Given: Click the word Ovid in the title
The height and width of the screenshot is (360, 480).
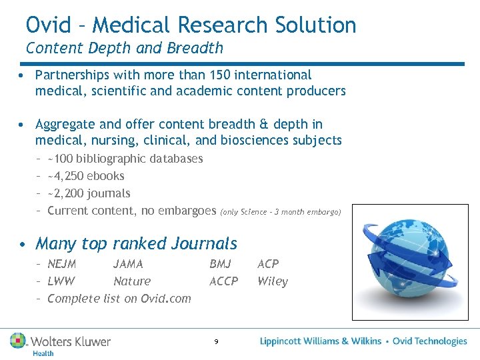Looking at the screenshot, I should [49, 25].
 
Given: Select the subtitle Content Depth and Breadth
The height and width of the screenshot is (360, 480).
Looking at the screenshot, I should [125, 48].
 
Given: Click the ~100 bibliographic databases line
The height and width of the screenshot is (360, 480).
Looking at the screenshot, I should [125, 159].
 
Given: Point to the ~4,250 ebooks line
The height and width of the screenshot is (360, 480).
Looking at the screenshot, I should [86, 176].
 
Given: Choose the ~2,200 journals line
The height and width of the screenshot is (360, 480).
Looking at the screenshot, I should [89, 193].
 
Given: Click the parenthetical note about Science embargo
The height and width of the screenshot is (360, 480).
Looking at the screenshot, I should [280, 212].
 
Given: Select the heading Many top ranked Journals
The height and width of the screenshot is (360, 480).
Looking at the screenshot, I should [136, 243].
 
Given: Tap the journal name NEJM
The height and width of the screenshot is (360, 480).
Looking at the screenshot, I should [62, 264].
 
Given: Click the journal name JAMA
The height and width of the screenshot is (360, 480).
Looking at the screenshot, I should [128, 264].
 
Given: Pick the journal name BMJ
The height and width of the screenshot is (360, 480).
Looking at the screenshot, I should [220, 264].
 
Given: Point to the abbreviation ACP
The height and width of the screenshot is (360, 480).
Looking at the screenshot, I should [268, 264].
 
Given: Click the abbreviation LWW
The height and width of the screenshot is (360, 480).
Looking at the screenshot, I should [61, 281].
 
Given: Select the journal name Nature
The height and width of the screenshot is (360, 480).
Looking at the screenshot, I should [132, 281].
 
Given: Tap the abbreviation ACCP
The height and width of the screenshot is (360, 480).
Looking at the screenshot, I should [223, 281].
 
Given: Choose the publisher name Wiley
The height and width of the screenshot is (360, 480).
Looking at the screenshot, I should [273, 281].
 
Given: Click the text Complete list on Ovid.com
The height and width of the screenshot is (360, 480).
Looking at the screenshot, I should [119, 299].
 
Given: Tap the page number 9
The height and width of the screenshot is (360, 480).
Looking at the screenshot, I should [216, 342].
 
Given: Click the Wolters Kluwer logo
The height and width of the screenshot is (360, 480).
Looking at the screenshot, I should [61, 343].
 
